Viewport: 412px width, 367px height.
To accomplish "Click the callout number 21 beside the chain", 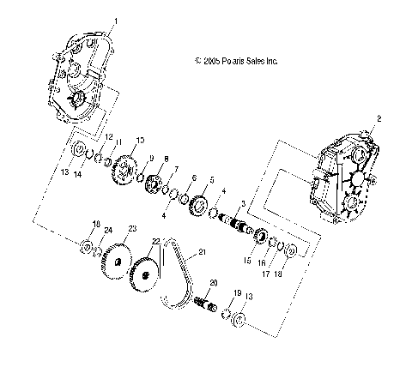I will (x=203, y=251).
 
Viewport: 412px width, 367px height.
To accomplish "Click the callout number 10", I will (x=140, y=140).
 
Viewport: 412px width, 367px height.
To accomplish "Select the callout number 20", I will (x=214, y=282).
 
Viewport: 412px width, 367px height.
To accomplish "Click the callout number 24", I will (x=107, y=229).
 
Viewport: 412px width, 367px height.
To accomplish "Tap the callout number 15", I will (x=248, y=260).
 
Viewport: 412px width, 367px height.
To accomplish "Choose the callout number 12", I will (x=108, y=137).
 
